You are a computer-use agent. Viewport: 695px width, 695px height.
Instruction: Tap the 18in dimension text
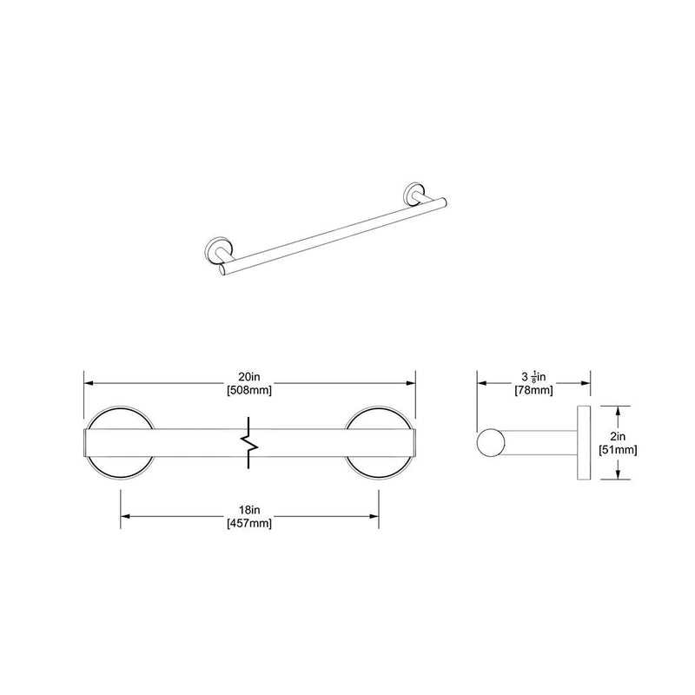[x=250, y=512]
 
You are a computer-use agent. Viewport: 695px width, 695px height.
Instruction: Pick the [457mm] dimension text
[x=250, y=524]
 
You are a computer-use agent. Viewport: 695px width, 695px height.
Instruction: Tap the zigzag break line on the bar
[x=250, y=442]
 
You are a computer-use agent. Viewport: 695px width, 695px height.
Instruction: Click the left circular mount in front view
[x=119, y=442]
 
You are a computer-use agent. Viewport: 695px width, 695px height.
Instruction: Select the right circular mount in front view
[x=379, y=442]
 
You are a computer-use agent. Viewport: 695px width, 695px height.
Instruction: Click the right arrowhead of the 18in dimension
[x=374, y=517]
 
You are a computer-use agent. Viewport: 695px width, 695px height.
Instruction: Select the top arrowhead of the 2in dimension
[x=619, y=408]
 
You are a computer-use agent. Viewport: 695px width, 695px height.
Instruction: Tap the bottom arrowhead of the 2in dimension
[x=619, y=476]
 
